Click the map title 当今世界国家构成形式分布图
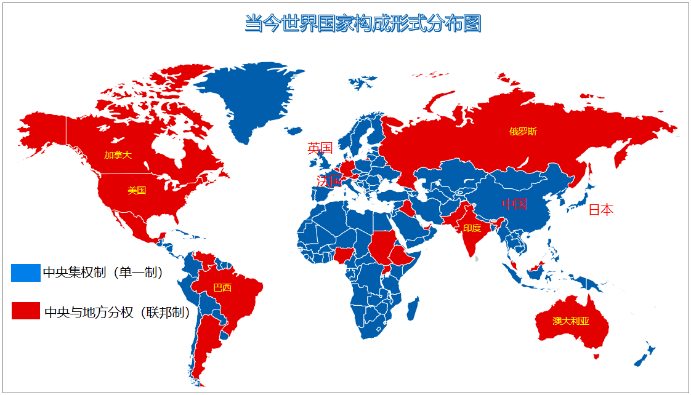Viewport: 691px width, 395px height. (363, 24)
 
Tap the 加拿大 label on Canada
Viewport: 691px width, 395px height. (118, 155)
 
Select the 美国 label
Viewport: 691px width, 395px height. (137, 191)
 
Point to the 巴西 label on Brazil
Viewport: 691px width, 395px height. (222, 287)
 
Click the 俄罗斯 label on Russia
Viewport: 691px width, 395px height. (523, 132)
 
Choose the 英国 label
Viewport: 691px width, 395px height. (320, 148)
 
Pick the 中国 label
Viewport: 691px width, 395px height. (515, 204)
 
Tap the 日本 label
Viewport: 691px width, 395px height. (600, 210)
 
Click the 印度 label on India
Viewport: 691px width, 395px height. (472, 228)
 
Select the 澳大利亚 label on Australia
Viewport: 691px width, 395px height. (571, 321)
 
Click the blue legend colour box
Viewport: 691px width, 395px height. (25, 273)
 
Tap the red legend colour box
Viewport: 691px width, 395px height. (25, 311)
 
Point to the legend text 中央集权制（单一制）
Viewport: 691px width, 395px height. (103, 273)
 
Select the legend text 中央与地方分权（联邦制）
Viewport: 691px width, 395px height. (117, 312)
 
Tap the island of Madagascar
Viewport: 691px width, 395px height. (413, 308)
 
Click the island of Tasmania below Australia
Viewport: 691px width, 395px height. (596, 356)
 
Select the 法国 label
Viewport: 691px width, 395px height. (328, 181)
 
